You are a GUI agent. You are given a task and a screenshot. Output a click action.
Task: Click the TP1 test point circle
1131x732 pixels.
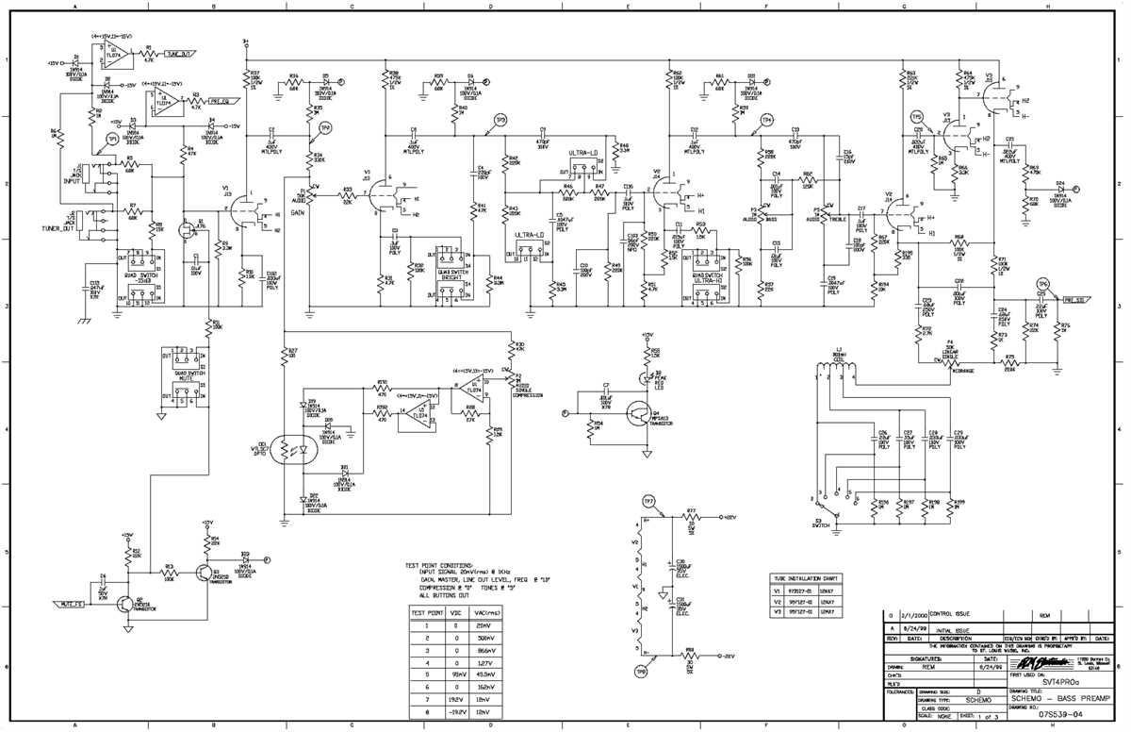point(113,139)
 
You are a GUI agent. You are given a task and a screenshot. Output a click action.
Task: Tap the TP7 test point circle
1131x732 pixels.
point(647,500)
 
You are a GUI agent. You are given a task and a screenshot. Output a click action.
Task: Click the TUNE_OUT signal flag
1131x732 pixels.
point(181,54)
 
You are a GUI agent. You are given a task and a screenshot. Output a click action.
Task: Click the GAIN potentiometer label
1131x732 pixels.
point(297,213)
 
